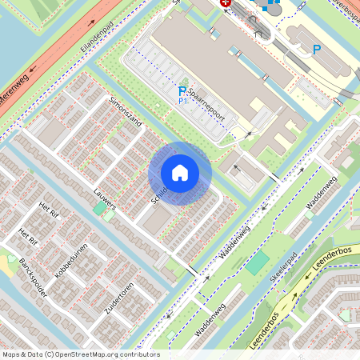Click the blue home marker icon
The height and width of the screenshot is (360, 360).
click(180, 173)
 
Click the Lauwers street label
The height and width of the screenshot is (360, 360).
click(104, 200)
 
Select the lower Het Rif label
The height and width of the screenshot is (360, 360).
click(28, 236)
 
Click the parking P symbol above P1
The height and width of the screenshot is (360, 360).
click(182, 91)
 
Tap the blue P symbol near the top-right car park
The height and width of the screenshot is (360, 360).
click(317, 50)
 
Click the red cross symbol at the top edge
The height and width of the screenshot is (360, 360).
click(226, 3)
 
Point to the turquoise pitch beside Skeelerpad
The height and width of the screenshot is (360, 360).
click(258, 263)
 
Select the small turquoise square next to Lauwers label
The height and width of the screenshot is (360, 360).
click(101, 210)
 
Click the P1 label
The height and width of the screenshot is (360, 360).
click(182, 102)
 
